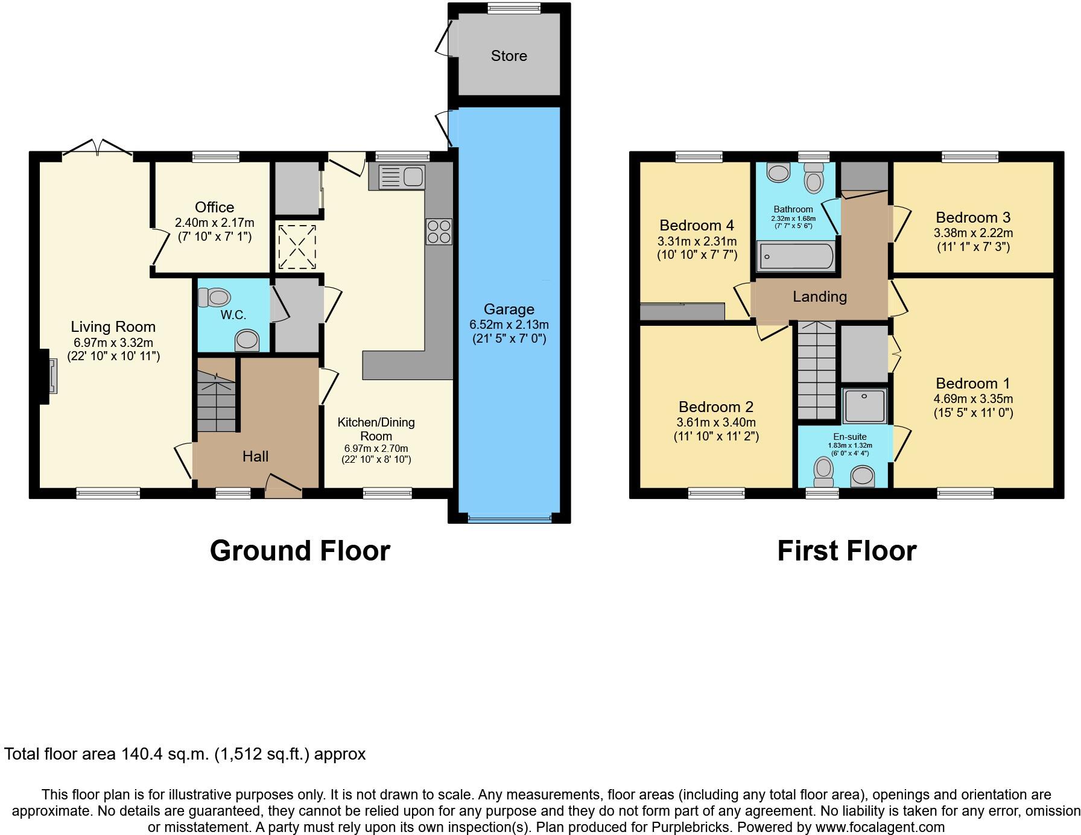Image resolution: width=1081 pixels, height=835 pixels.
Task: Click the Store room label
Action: click(x=509, y=56)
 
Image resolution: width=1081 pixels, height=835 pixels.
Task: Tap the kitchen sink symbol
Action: click(x=397, y=177)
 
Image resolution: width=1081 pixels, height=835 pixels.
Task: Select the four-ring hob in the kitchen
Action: click(x=439, y=232)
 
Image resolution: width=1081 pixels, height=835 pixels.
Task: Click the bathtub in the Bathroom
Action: click(x=796, y=256)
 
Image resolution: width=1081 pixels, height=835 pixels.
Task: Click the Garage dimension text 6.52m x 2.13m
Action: click(x=509, y=325)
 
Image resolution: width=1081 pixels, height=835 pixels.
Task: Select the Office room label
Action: click(x=214, y=207)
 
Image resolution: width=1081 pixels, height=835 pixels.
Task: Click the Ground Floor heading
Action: click(x=300, y=551)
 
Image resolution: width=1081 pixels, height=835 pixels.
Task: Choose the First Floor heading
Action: click(x=846, y=551)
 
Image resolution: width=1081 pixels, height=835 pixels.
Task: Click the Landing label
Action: click(x=819, y=296)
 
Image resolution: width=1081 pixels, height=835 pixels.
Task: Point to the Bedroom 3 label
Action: click(x=972, y=217)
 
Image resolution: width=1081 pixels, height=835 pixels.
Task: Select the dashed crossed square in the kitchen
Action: click(x=296, y=247)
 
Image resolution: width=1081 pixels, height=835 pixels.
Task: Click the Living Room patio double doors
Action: click(x=97, y=148)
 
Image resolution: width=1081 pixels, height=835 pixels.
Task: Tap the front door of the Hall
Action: click(x=283, y=486)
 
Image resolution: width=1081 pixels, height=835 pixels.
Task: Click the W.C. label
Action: click(x=233, y=315)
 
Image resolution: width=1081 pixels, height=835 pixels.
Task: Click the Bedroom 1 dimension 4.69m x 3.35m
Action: click(x=972, y=399)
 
